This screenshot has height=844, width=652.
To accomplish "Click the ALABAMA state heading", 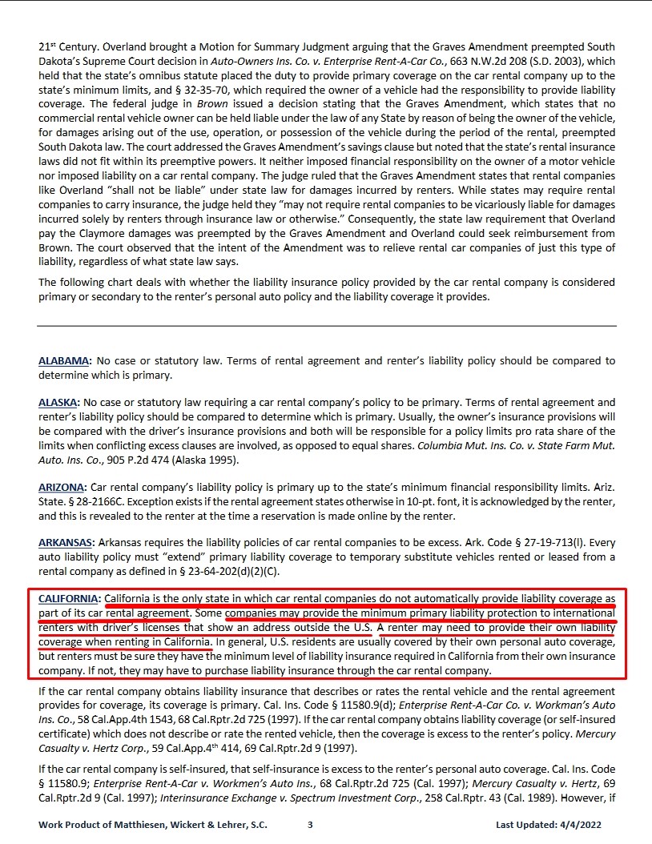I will tap(64, 361).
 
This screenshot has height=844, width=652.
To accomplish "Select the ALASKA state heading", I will tap(58, 402).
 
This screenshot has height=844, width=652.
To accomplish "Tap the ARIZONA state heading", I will tap(62, 487).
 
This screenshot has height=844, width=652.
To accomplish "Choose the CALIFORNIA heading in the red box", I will tap(69, 598).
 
